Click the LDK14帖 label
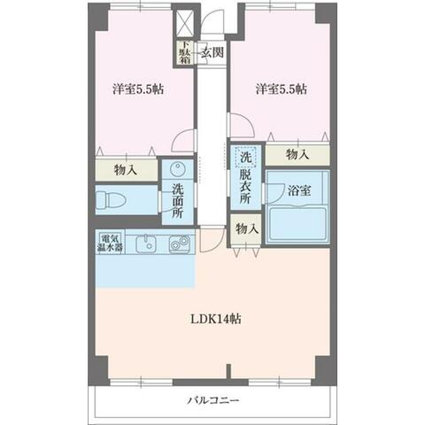pos(216,319)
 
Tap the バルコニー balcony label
pos(213,400)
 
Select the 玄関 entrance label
pos(212,52)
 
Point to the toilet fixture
pos(111,200)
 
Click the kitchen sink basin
pos(145,244)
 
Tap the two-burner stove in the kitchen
pos(179,244)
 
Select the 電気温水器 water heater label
pos(110,243)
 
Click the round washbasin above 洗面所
pos(177,169)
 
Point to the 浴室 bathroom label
pos(299,190)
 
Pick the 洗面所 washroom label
pos(177,201)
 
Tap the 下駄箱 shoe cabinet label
pos(185,52)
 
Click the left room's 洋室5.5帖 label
pos(138,89)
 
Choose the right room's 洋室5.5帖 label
pos(282,89)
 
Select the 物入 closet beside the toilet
pos(126,170)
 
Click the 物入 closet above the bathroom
pos(297,155)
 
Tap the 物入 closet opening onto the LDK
pos(246,229)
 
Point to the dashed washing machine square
pos(245,157)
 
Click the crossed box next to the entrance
pos(185,23)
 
